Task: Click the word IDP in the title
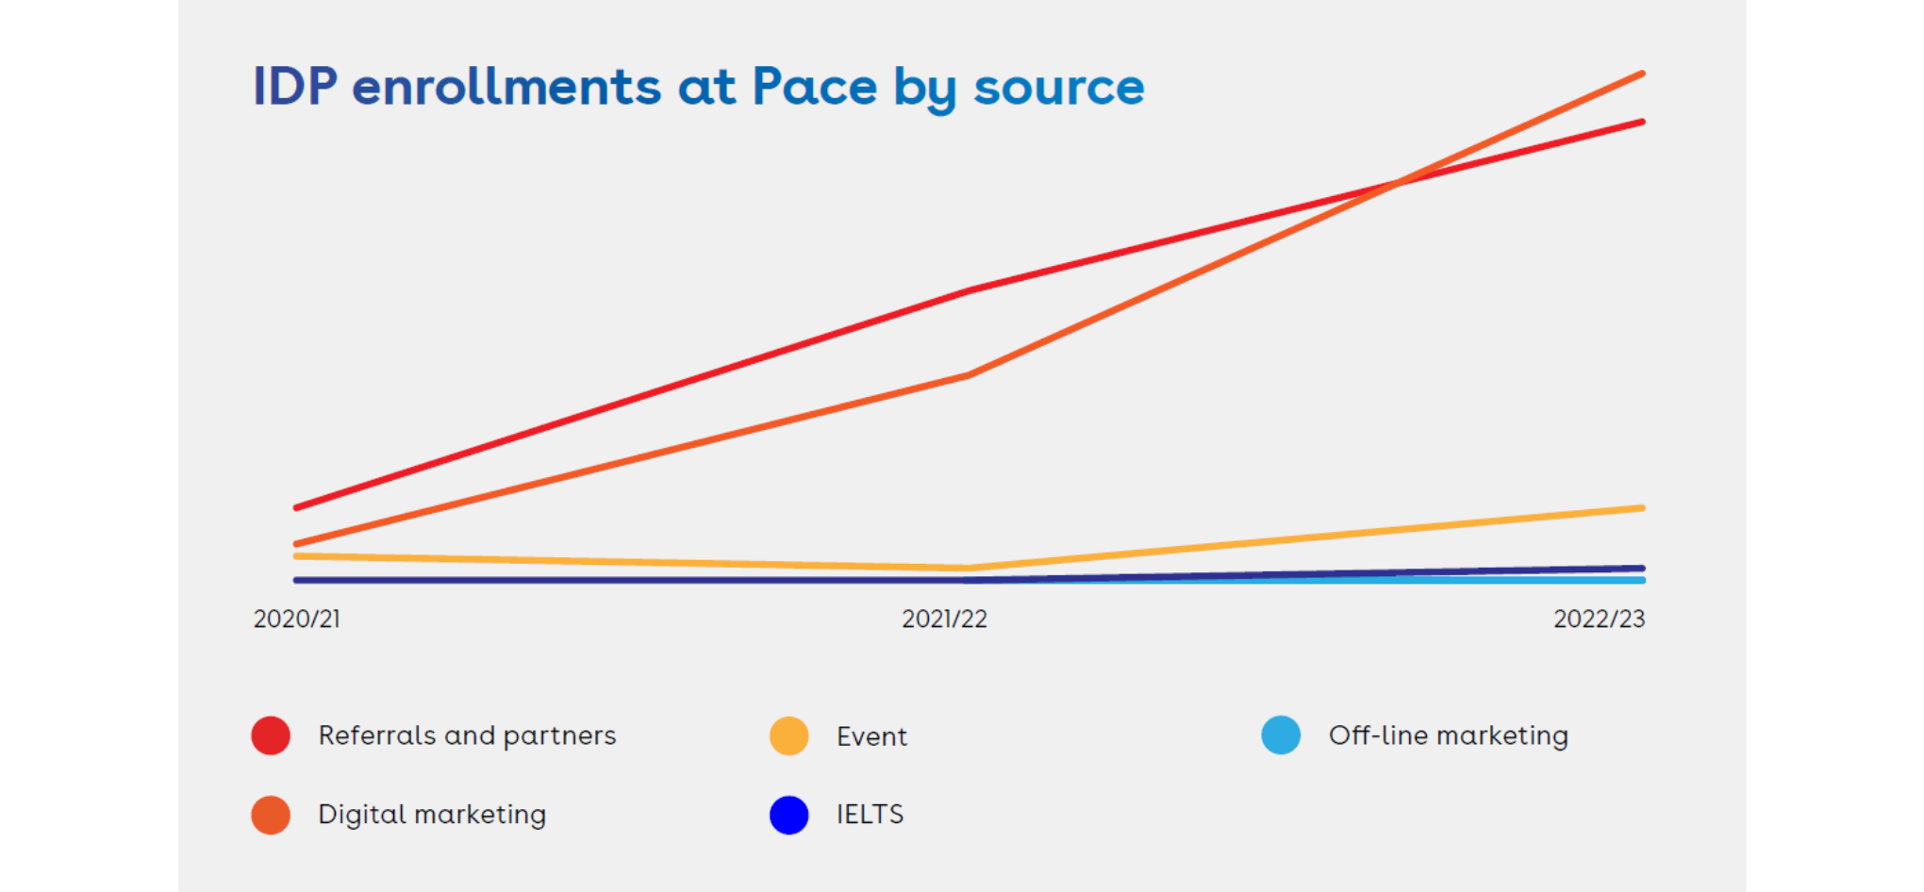pos(295,87)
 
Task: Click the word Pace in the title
pos(814,87)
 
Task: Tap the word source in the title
pos(1058,87)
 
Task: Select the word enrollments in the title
pos(506,87)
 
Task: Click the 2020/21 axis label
pos(297,619)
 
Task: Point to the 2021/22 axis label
pos(944,619)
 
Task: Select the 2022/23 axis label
pos(1599,619)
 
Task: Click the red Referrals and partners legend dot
pos(271,735)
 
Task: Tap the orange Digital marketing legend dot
pos(271,815)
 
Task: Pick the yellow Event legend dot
pos(789,735)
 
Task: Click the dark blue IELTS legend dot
pos(789,815)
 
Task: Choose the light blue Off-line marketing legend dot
pos(1281,735)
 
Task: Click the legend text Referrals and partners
pos(467,735)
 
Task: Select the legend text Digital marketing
pos(432,815)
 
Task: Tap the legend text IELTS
pos(870,815)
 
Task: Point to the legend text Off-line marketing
pos(1449,735)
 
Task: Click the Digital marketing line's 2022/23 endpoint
pos(1642,74)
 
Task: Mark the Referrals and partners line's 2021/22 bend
pos(970,291)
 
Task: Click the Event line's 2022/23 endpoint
pos(1642,508)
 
